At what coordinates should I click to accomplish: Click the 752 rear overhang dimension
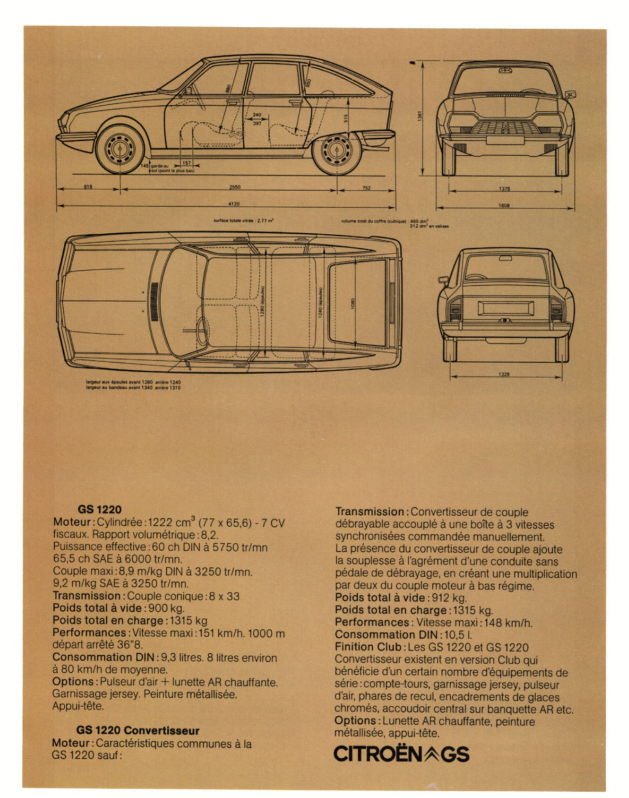(x=366, y=188)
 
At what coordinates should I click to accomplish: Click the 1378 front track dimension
(x=505, y=189)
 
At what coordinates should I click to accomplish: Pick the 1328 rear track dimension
(x=505, y=375)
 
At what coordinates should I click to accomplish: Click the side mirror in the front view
(x=570, y=94)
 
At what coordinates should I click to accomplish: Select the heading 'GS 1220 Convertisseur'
(x=138, y=730)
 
